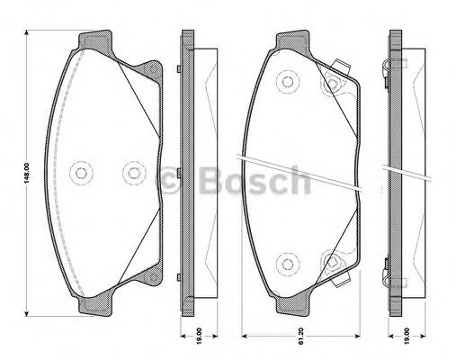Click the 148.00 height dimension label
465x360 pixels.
(x=27, y=173)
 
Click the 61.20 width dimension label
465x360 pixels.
(x=301, y=333)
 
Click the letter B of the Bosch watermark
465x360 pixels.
(x=211, y=180)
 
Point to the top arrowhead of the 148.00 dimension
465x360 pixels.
(x=27, y=32)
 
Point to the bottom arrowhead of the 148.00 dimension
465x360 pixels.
(x=27, y=313)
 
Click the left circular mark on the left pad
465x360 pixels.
(x=81, y=173)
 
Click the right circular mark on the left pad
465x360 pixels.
(x=134, y=173)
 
